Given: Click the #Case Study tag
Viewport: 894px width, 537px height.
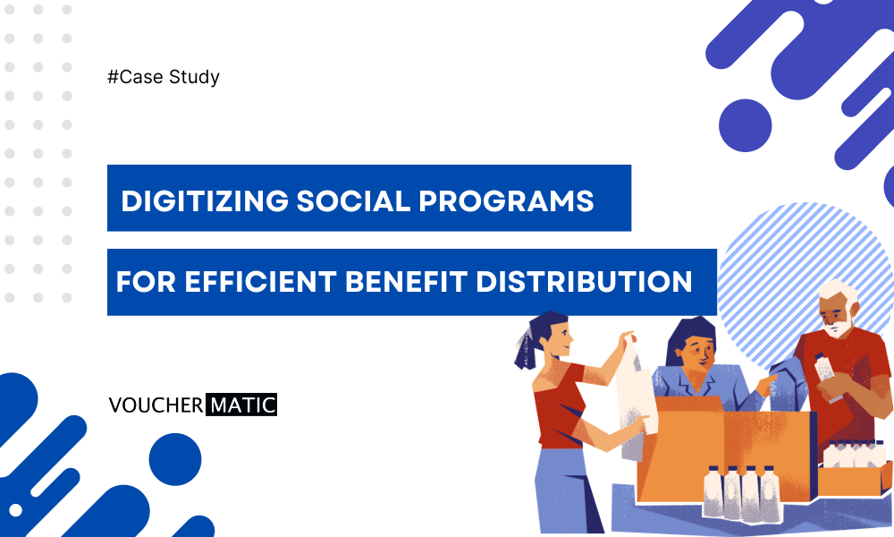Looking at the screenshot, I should pyautogui.click(x=163, y=77).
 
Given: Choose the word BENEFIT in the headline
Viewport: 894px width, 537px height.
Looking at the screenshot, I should pyautogui.click(x=408, y=283).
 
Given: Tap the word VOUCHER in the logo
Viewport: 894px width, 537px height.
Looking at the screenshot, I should pyautogui.click(x=155, y=405).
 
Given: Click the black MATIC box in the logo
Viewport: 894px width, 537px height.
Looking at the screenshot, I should pyautogui.click(x=242, y=405).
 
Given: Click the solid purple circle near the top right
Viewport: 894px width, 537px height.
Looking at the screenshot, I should pyautogui.click(x=745, y=124).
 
